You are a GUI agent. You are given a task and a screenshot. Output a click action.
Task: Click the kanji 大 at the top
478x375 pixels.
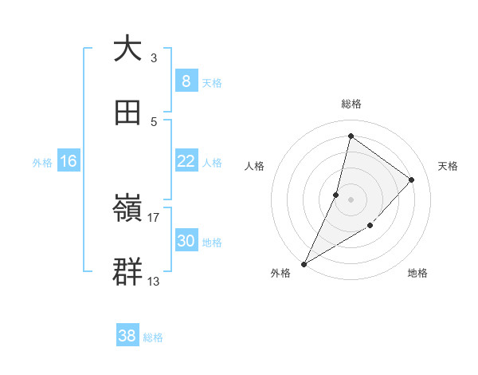point(127,49)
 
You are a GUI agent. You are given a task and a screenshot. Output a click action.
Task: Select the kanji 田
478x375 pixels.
point(127,112)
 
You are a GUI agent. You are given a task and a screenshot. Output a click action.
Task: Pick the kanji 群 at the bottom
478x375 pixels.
point(127,272)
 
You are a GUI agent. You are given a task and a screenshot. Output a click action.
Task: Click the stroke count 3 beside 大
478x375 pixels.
point(153,57)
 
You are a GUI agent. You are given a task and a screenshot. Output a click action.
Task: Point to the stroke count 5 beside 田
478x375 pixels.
point(153,121)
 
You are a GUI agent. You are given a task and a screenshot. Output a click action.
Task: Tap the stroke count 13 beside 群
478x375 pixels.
point(154,281)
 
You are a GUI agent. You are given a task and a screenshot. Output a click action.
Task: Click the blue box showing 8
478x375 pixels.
point(186,81)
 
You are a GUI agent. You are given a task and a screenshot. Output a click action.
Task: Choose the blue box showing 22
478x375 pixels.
point(186,161)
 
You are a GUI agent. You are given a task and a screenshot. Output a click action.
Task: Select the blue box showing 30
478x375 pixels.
point(186,241)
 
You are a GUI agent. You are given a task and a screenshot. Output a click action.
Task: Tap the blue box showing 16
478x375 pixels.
point(69,161)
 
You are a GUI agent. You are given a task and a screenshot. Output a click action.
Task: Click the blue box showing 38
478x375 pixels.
point(127,336)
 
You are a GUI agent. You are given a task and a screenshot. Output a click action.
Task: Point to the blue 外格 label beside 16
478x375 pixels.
point(42,162)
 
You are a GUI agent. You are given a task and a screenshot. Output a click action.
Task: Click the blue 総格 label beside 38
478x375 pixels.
point(153,337)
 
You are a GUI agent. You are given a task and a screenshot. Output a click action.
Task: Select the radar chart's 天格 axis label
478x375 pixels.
point(449,166)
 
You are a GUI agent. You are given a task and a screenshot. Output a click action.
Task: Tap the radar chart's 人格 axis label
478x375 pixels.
point(254,166)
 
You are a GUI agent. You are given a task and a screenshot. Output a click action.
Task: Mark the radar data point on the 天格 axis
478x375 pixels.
point(412,180)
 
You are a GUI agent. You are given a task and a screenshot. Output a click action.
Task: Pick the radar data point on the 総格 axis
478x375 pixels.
point(351,136)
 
